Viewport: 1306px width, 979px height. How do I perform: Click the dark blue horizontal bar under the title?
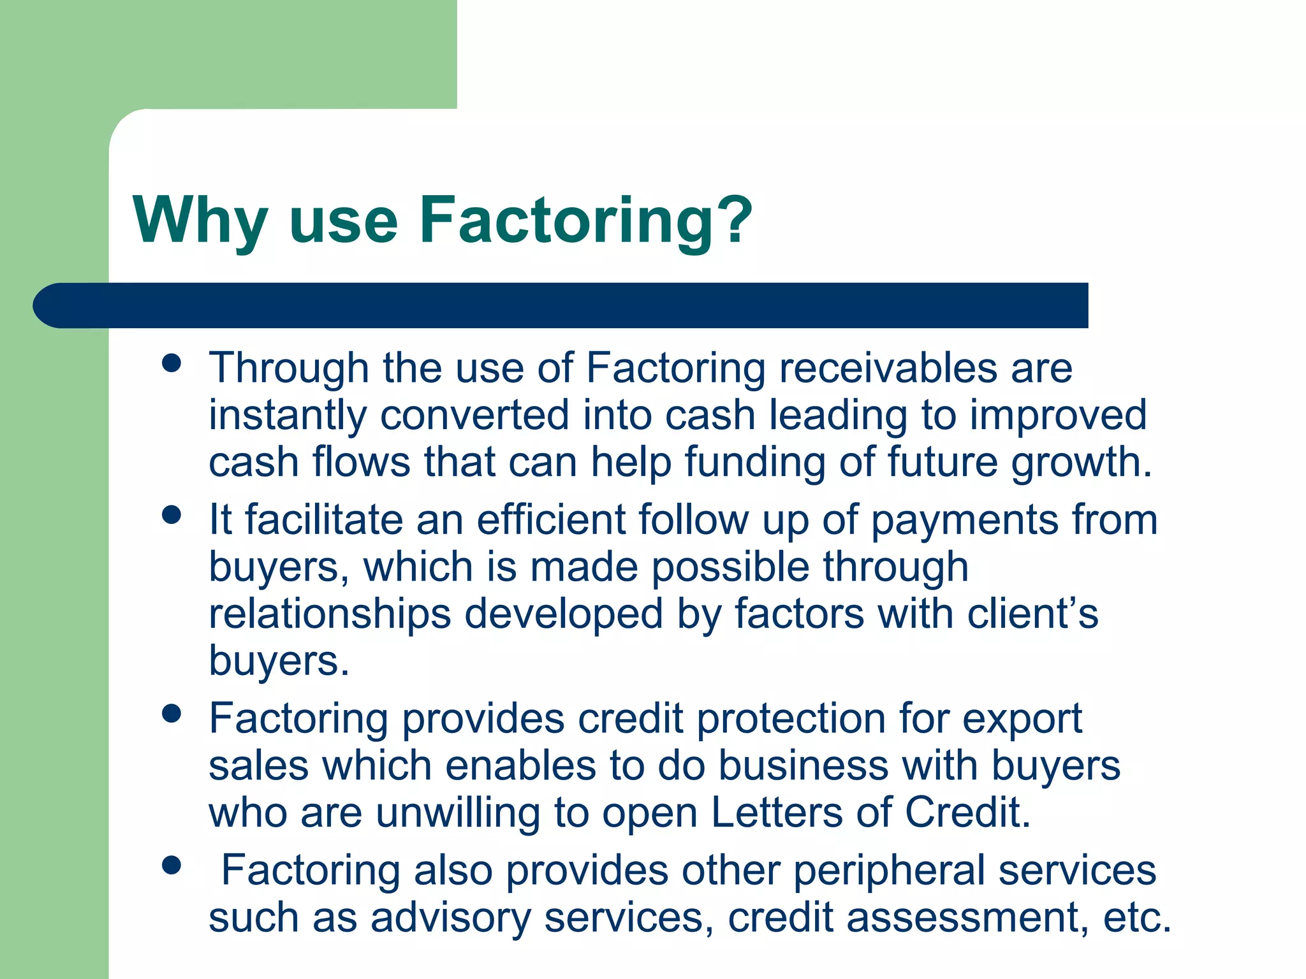coord(561,305)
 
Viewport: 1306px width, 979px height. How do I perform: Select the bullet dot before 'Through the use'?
coord(172,363)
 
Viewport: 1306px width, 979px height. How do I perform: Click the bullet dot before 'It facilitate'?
coord(172,514)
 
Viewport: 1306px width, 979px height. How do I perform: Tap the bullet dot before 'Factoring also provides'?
coord(172,865)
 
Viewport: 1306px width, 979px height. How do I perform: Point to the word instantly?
coord(288,416)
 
